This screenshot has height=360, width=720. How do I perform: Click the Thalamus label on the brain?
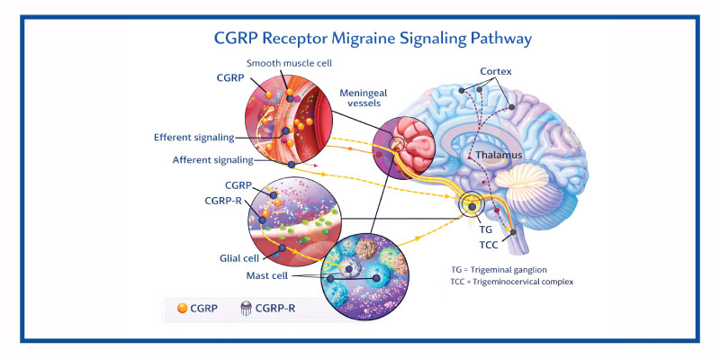[x=489, y=156]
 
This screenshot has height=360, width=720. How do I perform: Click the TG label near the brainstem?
[x=484, y=229]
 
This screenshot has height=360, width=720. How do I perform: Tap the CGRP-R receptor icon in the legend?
[x=247, y=309]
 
